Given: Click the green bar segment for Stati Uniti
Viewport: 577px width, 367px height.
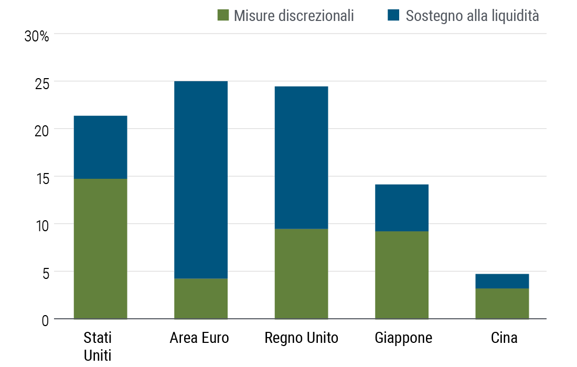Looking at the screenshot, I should [100, 249].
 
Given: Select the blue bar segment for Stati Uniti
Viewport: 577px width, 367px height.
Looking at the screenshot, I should [100, 147].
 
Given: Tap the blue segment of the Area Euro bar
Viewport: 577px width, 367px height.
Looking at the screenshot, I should [201, 179].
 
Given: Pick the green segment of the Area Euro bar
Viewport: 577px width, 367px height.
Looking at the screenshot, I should [201, 298].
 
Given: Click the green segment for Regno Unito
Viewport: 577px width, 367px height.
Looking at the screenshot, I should [301, 274].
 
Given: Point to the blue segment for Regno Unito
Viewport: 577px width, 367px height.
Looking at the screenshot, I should [301, 157].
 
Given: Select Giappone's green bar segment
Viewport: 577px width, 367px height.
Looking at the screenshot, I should [402, 275].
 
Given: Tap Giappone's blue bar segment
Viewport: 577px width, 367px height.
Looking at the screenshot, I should [402, 208].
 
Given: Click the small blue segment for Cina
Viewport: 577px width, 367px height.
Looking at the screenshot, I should [502, 281].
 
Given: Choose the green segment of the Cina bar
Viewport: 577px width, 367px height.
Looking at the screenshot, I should [502, 304].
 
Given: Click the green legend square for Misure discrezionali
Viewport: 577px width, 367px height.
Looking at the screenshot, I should [223, 16].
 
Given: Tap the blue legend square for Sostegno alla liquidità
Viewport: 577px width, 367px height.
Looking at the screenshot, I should [394, 16].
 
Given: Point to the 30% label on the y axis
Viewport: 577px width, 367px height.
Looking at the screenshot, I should [37, 37].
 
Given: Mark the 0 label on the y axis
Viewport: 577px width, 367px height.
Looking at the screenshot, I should [45, 320].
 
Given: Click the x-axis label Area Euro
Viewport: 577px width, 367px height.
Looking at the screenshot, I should [199, 338].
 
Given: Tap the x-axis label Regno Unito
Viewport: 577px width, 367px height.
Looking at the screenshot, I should [301, 338].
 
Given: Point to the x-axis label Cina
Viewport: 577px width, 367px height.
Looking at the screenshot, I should [504, 338].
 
